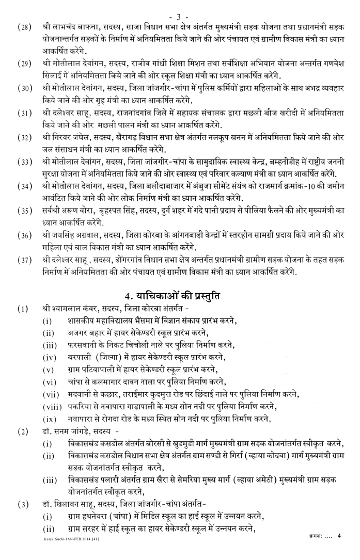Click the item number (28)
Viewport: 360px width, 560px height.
[24, 26]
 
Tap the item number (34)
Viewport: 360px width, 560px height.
[24, 184]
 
